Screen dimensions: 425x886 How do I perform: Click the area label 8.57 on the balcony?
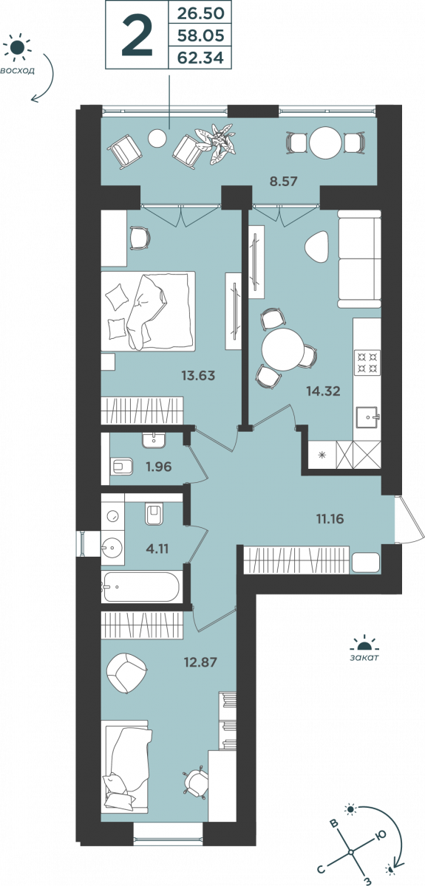pyautogui.click(x=283, y=182)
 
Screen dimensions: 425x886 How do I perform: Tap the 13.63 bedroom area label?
pyautogui.click(x=198, y=375)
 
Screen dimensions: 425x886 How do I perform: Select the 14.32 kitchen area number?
pyautogui.click(x=323, y=391)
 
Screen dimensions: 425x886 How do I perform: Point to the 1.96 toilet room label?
pyautogui.click(x=158, y=467)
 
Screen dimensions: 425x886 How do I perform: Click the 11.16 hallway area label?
pyautogui.click(x=330, y=518)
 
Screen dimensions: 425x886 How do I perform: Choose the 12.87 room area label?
pyautogui.click(x=200, y=662)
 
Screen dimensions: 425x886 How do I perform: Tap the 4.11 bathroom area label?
pyautogui.click(x=157, y=549)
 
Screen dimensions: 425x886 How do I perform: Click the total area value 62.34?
pyautogui.click(x=200, y=58)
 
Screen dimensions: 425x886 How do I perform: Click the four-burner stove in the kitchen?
pyautogui.click(x=367, y=363)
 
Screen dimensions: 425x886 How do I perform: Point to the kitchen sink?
pyautogui.click(x=368, y=417)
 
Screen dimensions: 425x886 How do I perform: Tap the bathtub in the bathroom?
pyautogui.click(x=141, y=586)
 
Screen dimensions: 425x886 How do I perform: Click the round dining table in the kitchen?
pyautogui.click(x=282, y=350)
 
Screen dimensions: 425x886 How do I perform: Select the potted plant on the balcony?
pyautogui.click(x=217, y=142)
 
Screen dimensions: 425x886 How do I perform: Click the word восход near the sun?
pyautogui.click(x=17, y=71)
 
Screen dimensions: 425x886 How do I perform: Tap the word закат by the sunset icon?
pyautogui.click(x=364, y=658)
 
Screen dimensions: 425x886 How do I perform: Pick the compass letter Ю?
pyautogui.click(x=380, y=834)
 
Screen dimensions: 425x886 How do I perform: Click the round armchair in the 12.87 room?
pyautogui.click(x=126, y=673)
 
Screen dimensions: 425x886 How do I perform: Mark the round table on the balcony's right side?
pyautogui.click(x=325, y=142)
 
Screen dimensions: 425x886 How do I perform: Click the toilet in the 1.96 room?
pyautogui.click(x=123, y=467)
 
